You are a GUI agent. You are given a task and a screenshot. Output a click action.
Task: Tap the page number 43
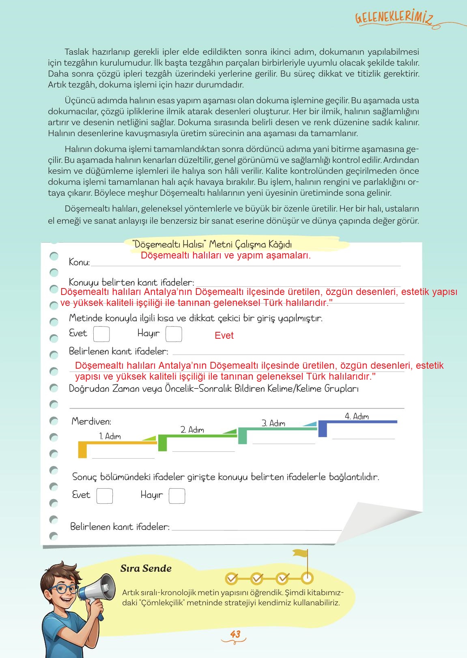235,634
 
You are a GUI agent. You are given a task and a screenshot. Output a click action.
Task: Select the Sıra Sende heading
146,568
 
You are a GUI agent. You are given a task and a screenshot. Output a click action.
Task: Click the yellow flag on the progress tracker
300,553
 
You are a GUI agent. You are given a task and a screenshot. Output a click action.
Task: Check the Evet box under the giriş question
101,334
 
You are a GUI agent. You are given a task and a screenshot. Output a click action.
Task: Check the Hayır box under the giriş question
174,334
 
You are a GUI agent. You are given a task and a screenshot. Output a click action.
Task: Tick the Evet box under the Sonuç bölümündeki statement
104,496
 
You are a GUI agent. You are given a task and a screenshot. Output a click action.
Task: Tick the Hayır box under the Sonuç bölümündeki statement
177,496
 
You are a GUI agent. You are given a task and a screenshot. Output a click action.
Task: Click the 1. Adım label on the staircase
110,436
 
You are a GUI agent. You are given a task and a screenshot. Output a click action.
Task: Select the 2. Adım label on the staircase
192,430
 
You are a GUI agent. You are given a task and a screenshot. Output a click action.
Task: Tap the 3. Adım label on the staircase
273,423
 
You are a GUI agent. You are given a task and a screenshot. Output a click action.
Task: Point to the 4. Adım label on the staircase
357,417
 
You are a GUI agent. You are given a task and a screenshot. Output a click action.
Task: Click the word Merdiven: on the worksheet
91,421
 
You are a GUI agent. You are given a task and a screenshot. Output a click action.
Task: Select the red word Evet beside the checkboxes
224,335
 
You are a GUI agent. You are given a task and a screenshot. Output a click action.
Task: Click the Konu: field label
79,262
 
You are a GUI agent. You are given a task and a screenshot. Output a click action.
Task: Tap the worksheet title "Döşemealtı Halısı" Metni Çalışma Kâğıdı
212,244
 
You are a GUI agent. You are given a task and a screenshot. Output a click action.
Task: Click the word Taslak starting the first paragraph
77,52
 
